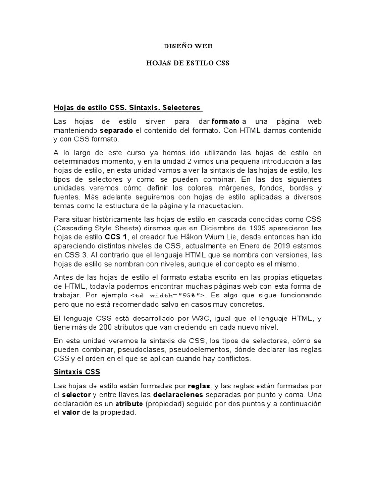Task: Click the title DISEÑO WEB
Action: click(188, 46)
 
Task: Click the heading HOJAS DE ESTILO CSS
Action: click(188, 63)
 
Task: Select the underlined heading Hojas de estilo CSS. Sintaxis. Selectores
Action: click(128, 107)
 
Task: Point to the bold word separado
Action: click(117, 131)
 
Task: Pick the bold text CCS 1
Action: click(116, 236)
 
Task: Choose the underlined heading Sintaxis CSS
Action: click(77, 372)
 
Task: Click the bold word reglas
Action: click(199, 386)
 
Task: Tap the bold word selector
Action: click(76, 395)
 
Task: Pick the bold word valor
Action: click(70, 413)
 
